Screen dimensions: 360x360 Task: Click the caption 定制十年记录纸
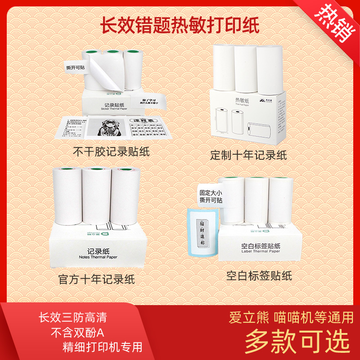pyautogui.click(x=248, y=155)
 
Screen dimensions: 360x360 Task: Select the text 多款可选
pyautogui.click(x=297, y=342)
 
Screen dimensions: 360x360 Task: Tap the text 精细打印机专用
pyautogui.click(x=103, y=347)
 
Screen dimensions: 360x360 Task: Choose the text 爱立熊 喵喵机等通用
pyautogui.click(x=292, y=317)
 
